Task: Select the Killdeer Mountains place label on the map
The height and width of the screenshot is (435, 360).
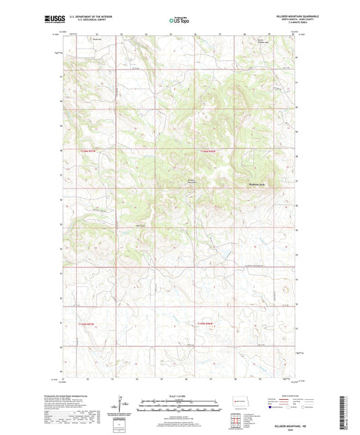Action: click(x=191, y=180)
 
